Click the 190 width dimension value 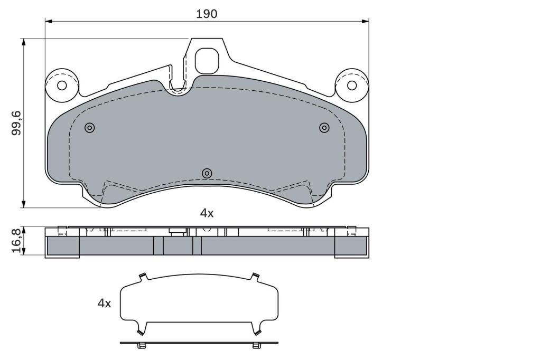tap(207, 14)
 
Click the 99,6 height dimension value tap(16, 123)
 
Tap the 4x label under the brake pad tap(207, 213)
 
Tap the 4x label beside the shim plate tap(104, 304)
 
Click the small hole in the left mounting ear tap(62, 85)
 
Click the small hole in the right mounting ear tap(352, 85)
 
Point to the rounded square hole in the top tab tap(207, 61)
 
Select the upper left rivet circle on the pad tap(90, 128)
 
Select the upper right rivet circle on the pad tap(324, 128)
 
